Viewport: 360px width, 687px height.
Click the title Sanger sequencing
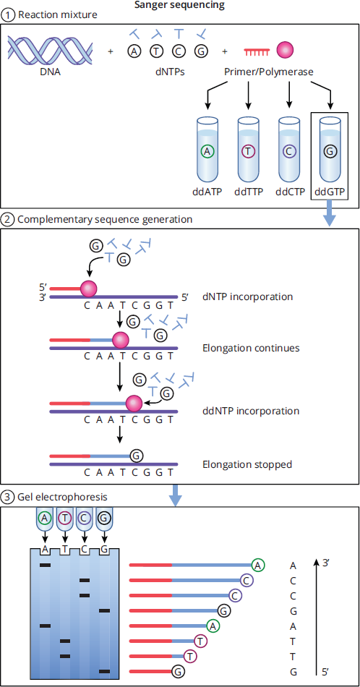pyautogui.click(x=180, y=6)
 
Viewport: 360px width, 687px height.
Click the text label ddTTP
pyautogui.click(x=248, y=192)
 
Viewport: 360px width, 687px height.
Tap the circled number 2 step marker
pyautogui.click(x=7, y=218)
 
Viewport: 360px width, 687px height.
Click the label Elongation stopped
pyautogui.click(x=247, y=464)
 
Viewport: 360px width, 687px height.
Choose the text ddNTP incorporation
pyautogui.click(x=251, y=411)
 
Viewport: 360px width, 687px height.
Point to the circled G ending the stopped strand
pyautogui.click(x=136, y=456)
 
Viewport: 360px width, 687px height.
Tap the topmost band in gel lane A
pyautogui.click(x=45, y=566)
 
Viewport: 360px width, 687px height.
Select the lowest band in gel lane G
pyautogui.click(x=105, y=671)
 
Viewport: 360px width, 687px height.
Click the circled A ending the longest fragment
pyautogui.click(x=259, y=566)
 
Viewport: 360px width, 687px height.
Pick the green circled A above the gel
pyautogui.click(x=44, y=518)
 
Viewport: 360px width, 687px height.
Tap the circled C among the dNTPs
pyautogui.click(x=179, y=51)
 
